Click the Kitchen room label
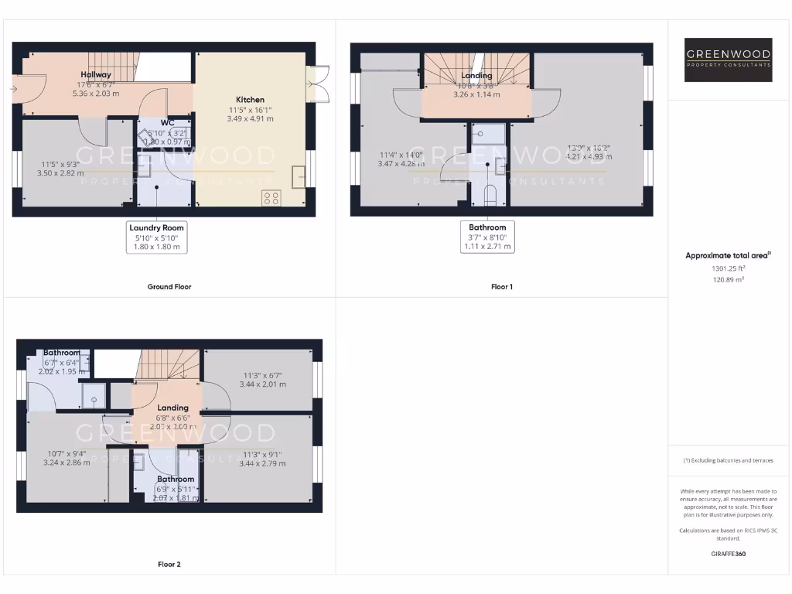(250, 100)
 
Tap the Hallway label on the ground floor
(97, 75)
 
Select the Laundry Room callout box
(157, 237)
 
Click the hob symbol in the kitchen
(271, 197)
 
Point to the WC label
(167, 123)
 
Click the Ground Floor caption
(169, 287)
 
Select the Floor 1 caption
(502, 287)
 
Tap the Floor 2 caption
(169, 565)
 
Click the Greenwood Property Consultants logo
(729, 60)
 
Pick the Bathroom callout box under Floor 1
(487, 237)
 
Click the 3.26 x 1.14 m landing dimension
(476, 94)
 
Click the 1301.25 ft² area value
(728, 268)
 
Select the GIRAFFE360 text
(728, 554)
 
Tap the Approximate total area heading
(728, 255)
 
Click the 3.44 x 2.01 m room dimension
(262, 384)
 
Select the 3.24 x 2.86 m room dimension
(67, 463)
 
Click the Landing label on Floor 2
(172, 408)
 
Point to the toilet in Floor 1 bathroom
(489, 195)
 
